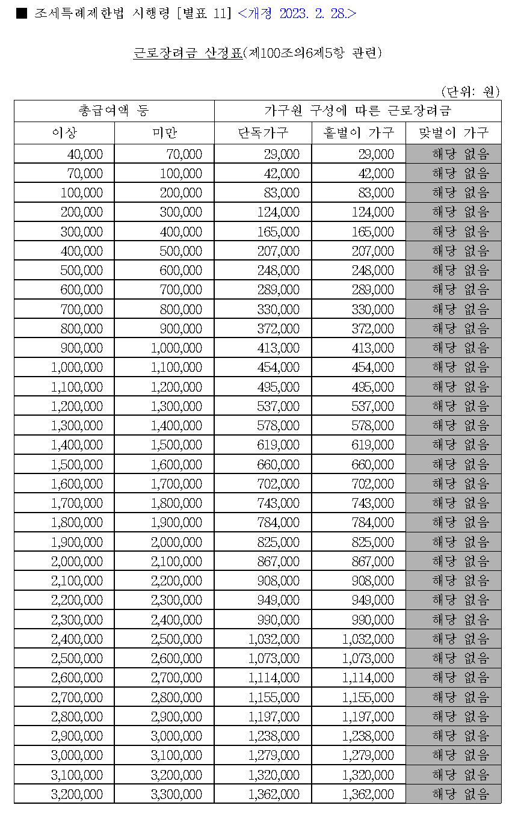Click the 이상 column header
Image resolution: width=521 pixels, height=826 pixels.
(64, 133)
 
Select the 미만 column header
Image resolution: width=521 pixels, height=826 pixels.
(164, 133)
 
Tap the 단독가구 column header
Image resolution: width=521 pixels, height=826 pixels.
(263, 133)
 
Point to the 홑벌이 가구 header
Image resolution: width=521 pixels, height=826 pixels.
(359, 133)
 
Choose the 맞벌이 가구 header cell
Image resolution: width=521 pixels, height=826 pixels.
(454, 133)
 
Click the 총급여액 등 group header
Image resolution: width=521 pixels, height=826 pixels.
(114, 111)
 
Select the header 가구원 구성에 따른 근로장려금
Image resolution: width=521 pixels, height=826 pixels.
(357, 111)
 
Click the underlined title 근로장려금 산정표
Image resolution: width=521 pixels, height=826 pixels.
(187, 53)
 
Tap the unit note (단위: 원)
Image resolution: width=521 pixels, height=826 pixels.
(470, 91)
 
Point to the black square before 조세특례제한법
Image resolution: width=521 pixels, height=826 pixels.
(22, 13)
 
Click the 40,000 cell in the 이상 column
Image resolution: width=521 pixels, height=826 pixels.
(85, 155)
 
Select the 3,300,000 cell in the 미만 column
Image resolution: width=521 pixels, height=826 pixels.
(176, 794)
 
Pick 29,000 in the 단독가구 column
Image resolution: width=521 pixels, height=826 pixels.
(282, 155)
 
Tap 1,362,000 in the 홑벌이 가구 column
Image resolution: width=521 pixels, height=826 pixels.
(368, 794)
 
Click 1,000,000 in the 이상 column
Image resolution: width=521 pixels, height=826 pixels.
(77, 367)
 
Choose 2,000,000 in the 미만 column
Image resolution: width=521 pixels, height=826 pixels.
(176, 541)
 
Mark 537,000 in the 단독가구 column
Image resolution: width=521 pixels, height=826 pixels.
(278, 406)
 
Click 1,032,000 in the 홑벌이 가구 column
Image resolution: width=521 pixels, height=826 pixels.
(368, 639)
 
